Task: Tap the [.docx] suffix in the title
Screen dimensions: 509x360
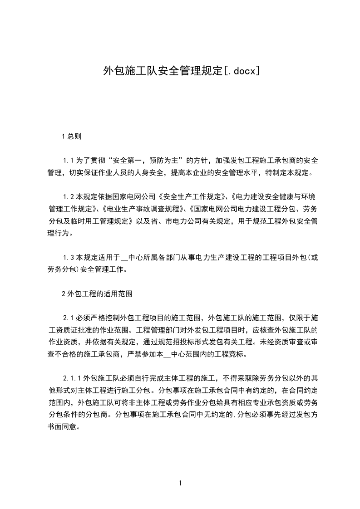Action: click(x=241, y=71)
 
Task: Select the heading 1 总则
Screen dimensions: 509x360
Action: click(x=71, y=136)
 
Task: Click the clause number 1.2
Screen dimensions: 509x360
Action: click(x=68, y=197)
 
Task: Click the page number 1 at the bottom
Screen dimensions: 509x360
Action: click(x=180, y=483)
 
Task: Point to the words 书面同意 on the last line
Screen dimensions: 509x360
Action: click(x=64, y=426)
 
